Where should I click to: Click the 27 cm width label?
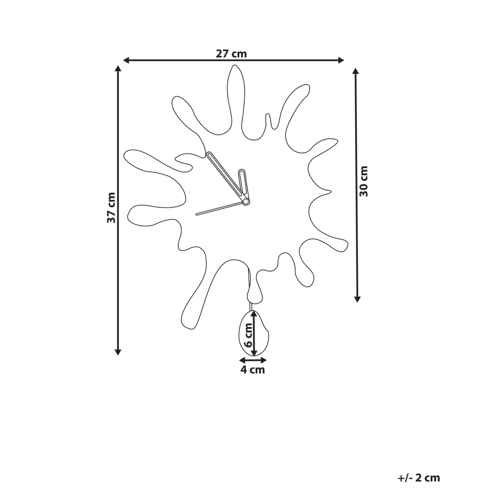click(231, 54)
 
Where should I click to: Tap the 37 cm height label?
click(111, 207)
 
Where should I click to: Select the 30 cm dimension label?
click(364, 181)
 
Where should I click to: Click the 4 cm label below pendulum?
click(253, 370)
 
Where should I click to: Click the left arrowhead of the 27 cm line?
click(126, 60)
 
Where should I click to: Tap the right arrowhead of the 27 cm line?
click(341, 60)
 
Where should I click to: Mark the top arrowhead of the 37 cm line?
click(118, 69)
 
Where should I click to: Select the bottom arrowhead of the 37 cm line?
click(118, 352)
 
